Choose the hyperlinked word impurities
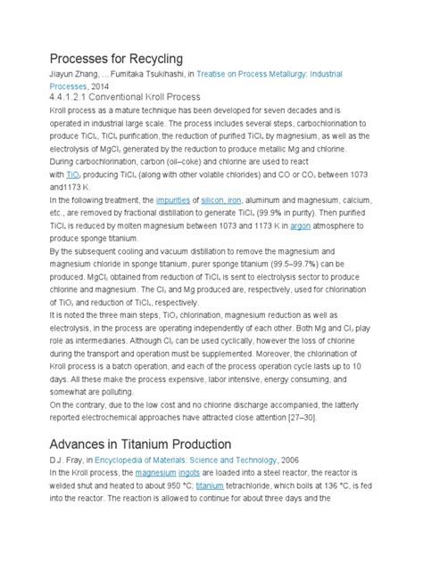(173, 200)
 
